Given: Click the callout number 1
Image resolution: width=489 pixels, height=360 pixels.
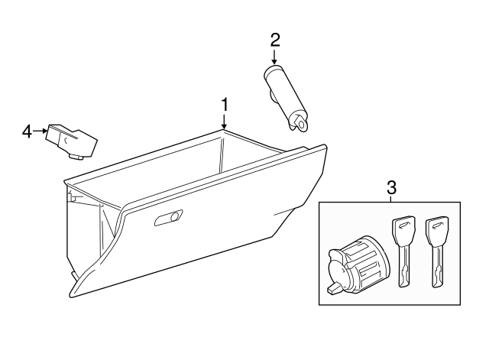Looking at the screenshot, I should pos(225,103).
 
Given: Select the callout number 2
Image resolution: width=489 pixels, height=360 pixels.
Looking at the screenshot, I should pos(275,39).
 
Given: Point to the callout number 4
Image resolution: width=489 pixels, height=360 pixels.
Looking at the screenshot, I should pos(27,131).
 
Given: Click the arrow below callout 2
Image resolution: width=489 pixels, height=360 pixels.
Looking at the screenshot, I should pos(275,57).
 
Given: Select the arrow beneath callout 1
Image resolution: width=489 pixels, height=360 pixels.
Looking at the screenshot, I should pos(225,121).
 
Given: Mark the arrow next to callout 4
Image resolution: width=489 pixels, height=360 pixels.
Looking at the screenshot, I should pos(40,131).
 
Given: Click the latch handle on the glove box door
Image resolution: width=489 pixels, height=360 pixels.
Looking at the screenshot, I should pos(168,219).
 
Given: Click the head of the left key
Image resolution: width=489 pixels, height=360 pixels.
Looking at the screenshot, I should pos(403,228).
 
